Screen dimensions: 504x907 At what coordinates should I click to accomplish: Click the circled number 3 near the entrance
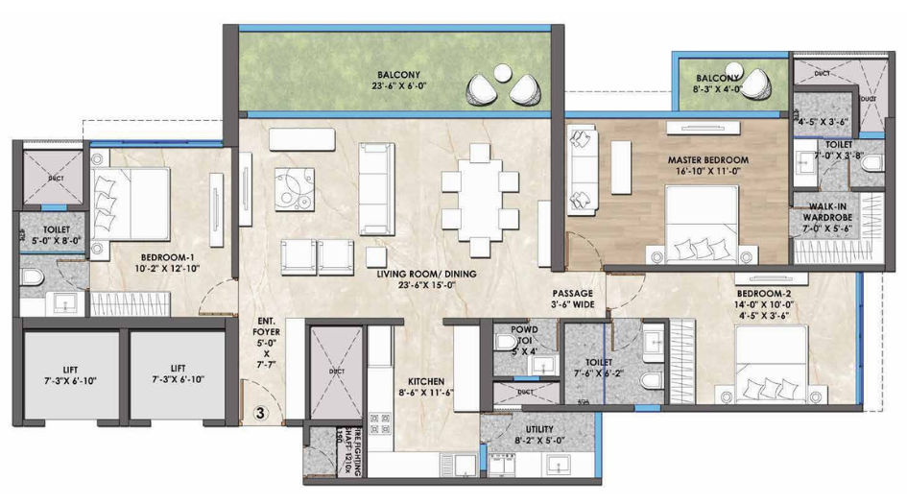click(260, 414)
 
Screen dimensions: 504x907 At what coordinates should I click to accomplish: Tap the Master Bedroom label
click(708, 159)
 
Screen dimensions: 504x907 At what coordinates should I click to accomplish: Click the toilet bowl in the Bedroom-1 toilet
click(30, 279)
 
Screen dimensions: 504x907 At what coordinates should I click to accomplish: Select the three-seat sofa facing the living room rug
click(377, 188)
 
